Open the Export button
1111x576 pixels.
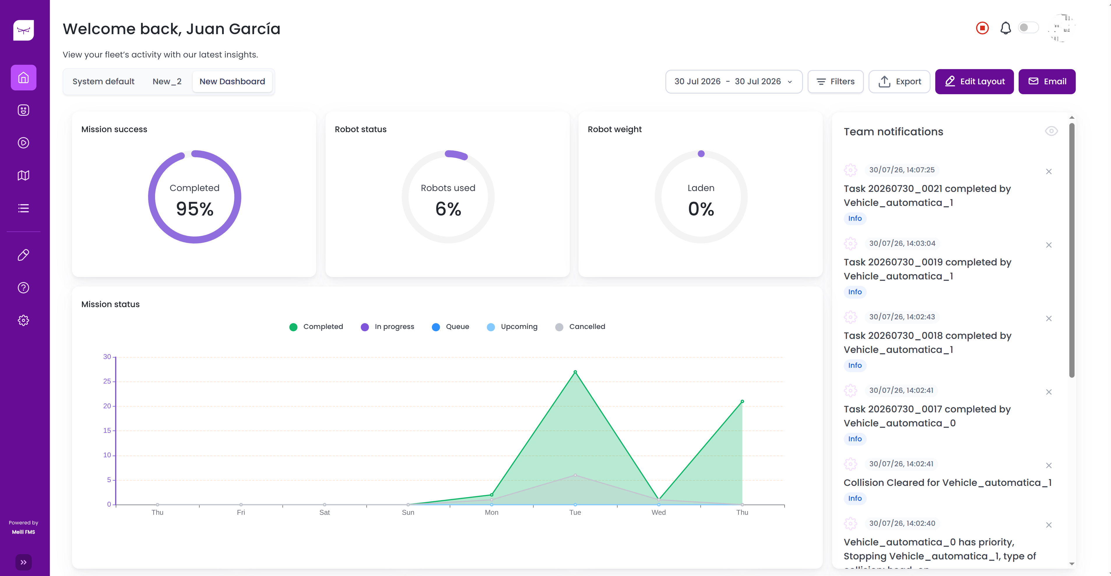[x=899, y=82]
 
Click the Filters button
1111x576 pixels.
[x=835, y=82]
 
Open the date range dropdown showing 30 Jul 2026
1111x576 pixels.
[x=734, y=82]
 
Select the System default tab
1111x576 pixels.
[x=103, y=82]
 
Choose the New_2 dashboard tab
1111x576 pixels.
[x=167, y=82]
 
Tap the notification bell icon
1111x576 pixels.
[x=1005, y=28]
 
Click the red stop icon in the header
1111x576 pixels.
[x=982, y=28]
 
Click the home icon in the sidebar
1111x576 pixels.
[x=24, y=78]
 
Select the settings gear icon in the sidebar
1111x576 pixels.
[x=24, y=320]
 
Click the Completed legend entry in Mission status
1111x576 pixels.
[x=316, y=327]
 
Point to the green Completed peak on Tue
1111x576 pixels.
[x=575, y=372]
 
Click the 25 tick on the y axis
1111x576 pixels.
[x=107, y=381]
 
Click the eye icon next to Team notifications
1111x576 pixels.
[x=1051, y=131]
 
